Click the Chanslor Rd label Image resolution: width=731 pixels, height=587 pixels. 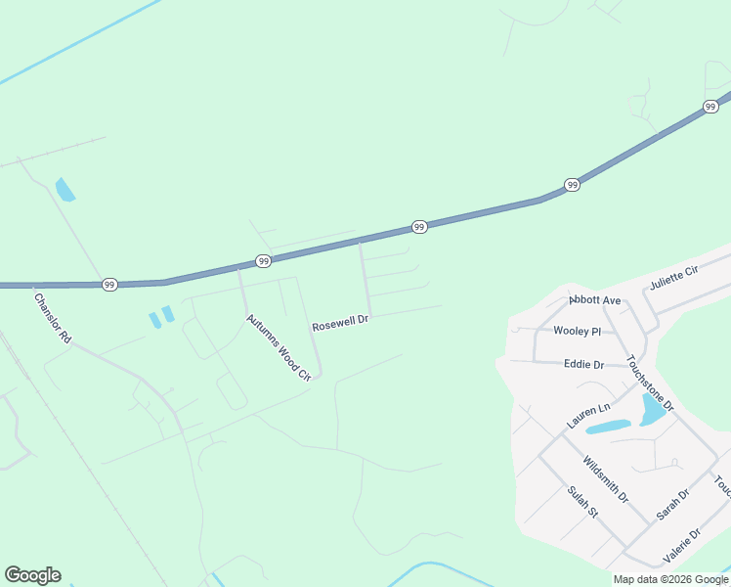click(x=53, y=318)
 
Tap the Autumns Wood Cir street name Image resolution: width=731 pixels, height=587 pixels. click(x=278, y=347)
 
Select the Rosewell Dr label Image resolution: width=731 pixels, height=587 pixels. click(x=340, y=323)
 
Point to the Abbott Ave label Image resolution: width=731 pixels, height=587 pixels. click(x=595, y=300)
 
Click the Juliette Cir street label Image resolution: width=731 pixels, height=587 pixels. click(x=676, y=279)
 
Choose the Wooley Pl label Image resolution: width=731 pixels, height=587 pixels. click(x=577, y=332)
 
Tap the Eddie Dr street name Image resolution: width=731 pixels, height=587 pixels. click(x=584, y=364)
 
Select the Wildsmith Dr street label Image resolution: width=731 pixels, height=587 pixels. click(x=604, y=479)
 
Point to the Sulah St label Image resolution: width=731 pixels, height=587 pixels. click(x=582, y=502)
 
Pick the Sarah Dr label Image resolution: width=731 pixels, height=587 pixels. click(x=673, y=503)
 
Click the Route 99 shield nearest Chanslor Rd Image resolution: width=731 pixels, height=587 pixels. click(x=109, y=284)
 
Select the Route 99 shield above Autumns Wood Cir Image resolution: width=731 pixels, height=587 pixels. click(x=263, y=261)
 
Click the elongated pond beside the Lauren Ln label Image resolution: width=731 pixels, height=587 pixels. click(x=608, y=427)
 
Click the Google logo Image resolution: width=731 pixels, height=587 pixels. click(x=32, y=575)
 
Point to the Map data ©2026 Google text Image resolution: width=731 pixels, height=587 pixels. click(x=671, y=579)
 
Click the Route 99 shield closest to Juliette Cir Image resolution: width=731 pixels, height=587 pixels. click(x=710, y=107)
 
